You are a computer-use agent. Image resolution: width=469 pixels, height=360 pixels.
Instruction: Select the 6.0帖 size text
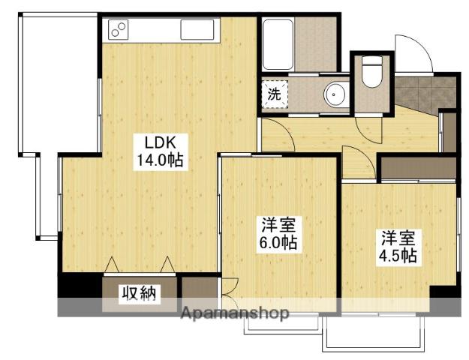point(278,242)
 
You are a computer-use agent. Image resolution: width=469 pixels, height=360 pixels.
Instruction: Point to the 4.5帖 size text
point(398,255)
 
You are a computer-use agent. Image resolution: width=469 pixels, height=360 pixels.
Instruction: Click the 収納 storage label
point(140,293)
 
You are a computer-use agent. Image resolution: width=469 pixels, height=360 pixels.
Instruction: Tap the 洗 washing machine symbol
point(275,94)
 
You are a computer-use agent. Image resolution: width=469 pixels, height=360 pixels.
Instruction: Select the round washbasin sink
point(335,94)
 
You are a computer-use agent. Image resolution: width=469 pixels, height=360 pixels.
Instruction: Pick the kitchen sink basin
point(198,30)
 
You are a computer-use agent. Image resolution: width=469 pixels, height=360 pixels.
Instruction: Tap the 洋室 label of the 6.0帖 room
point(278,224)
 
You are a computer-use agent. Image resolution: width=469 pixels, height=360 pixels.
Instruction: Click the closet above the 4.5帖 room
point(416,168)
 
